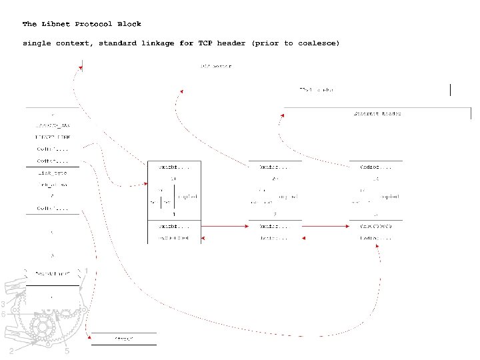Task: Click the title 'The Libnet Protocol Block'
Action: (x=81, y=24)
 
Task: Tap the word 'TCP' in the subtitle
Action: (x=205, y=43)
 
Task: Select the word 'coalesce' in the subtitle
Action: (x=317, y=43)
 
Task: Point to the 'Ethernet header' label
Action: (x=377, y=113)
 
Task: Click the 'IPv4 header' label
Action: (x=316, y=89)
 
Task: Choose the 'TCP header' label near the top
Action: (x=216, y=66)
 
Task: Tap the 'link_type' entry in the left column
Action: (x=52, y=173)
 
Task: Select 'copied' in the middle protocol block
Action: (x=288, y=197)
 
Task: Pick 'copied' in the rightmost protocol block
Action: (x=389, y=197)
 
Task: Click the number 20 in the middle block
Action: (x=275, y=179)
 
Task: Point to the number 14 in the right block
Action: (x=376, y=179)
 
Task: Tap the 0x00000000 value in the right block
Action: (x=376, y=227)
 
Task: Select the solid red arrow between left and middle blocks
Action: (x=224, y=227)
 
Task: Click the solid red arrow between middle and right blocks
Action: (x=325, y=227)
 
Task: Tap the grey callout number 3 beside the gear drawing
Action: (x=3, y=304)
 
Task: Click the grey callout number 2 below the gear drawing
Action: (x=11, y=351)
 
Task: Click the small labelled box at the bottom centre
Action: (x=123, y=339)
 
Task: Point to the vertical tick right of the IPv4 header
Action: (x=451, y=90)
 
